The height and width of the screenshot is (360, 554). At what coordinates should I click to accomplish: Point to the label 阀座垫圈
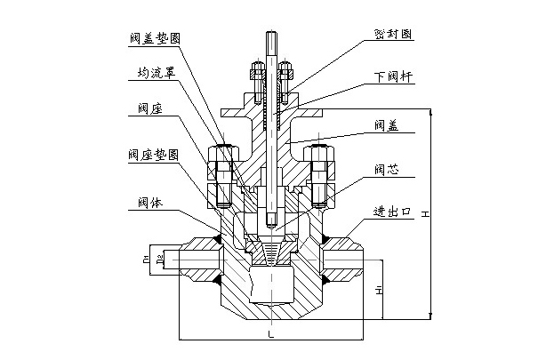(153, 153)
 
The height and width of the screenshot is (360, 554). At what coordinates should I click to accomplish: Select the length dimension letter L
(269, 334)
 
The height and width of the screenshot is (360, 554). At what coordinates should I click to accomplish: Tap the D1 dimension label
(144, 260)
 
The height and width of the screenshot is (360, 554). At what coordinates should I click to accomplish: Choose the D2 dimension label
(158, 260)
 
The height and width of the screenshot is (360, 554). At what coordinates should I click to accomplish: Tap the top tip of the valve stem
(270, 36)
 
